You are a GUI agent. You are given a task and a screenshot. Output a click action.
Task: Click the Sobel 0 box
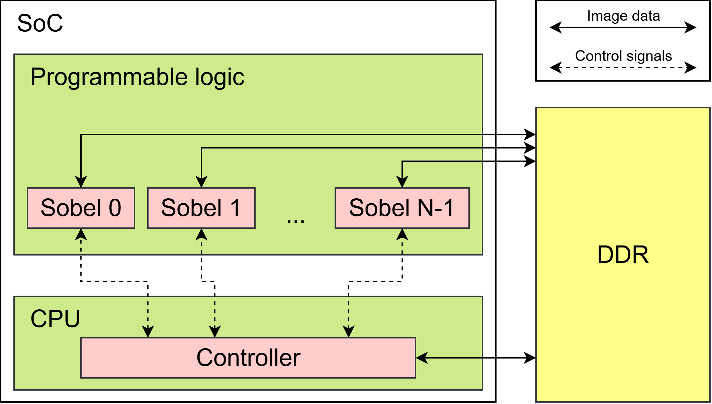click(x=81, y=208)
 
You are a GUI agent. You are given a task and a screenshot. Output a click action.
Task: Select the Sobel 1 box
click(x=201, y=208)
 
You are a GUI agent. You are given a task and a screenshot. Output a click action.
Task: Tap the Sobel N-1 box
click(x=402, y=208)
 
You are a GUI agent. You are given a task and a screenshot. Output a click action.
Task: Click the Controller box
click(x=248, y=358)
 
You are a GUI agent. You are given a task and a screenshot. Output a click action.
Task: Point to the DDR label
click(x=623, y=255)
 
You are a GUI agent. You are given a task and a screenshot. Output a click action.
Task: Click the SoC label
click(x=40, y=23)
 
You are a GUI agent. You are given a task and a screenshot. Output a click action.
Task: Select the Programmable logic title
click(x=137, y=77)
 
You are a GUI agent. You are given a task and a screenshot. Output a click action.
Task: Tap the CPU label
click(x=55, y=319)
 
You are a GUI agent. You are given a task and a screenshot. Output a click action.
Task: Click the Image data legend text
click(x=623, y=16)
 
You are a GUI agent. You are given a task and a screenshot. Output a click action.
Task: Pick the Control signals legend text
click(x=623, y=56)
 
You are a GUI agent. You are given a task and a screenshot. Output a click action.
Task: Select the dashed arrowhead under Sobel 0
click(x=81, y=234)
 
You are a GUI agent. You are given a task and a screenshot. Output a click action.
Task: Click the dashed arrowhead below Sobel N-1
click(x=402, y=234)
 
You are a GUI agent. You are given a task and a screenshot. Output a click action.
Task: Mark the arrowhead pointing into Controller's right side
click(x=422, y=358)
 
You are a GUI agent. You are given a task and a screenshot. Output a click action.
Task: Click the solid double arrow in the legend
click(x=623, y=27)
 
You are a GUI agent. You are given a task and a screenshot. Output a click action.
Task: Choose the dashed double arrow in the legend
click(x=623, y=68)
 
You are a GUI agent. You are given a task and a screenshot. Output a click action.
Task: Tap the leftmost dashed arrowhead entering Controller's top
click(x=148, y=331)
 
